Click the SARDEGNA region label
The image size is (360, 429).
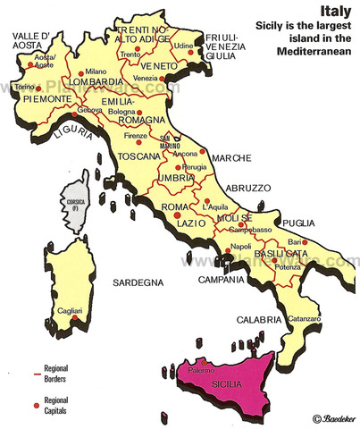click(138, 283)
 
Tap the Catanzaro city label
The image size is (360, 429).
click(304, 319)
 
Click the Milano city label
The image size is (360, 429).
click(96, 71)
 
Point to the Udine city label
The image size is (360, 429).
click(184, 44)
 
